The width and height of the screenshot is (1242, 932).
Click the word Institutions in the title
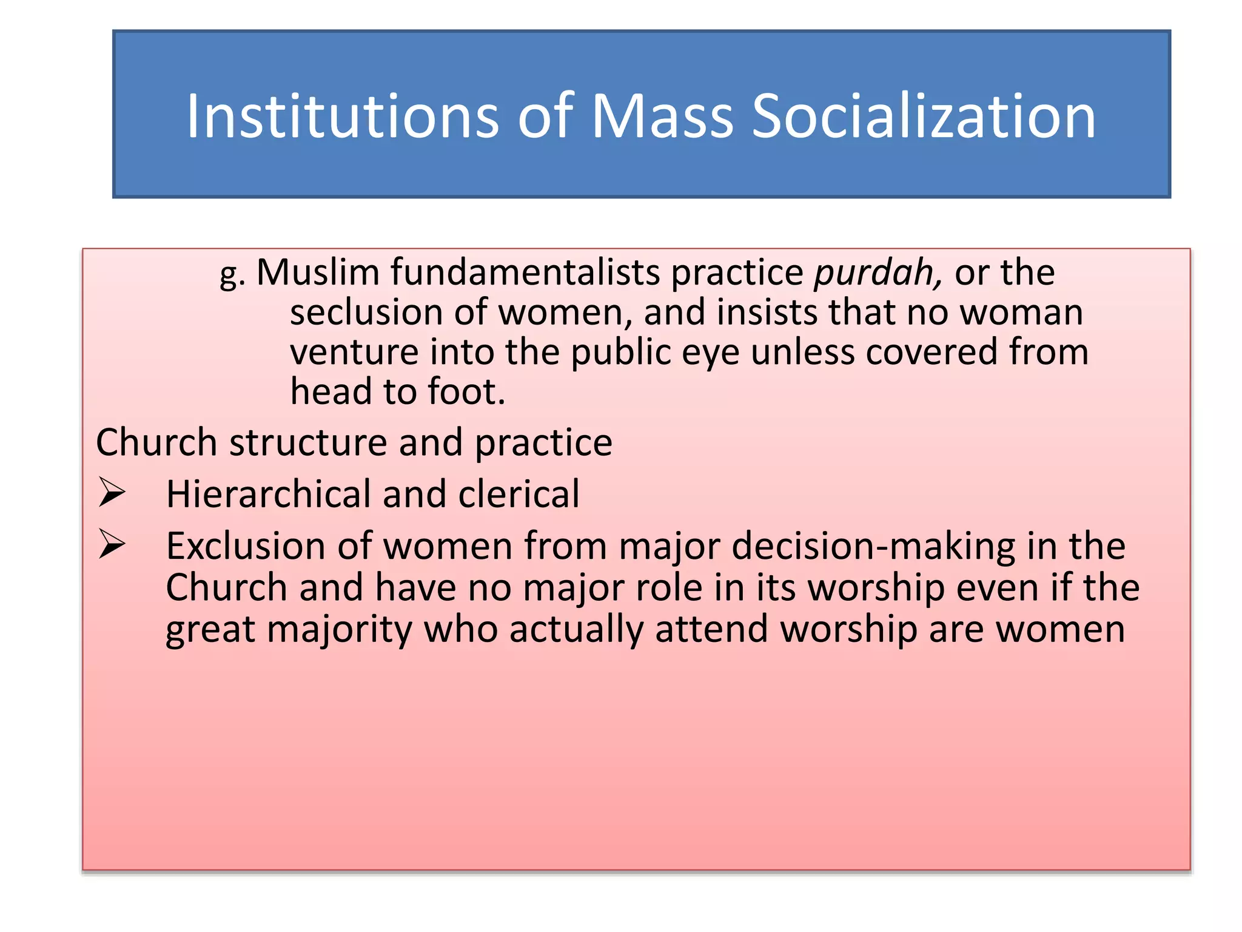tap(342, 116)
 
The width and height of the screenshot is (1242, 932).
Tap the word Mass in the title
tap(662, 116)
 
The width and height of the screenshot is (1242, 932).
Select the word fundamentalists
tap(525, 272)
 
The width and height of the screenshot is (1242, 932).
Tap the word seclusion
tap(367, 312)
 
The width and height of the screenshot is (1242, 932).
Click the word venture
tap(354, 353)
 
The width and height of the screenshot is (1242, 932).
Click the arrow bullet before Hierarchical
tap(112, 492)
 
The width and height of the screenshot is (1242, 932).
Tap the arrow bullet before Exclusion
tap(112, 544)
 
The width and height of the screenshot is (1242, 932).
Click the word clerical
tap(519, 494)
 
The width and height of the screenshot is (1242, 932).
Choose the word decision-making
tap(873, 546)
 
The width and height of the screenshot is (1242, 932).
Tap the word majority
tap(340, 629)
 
